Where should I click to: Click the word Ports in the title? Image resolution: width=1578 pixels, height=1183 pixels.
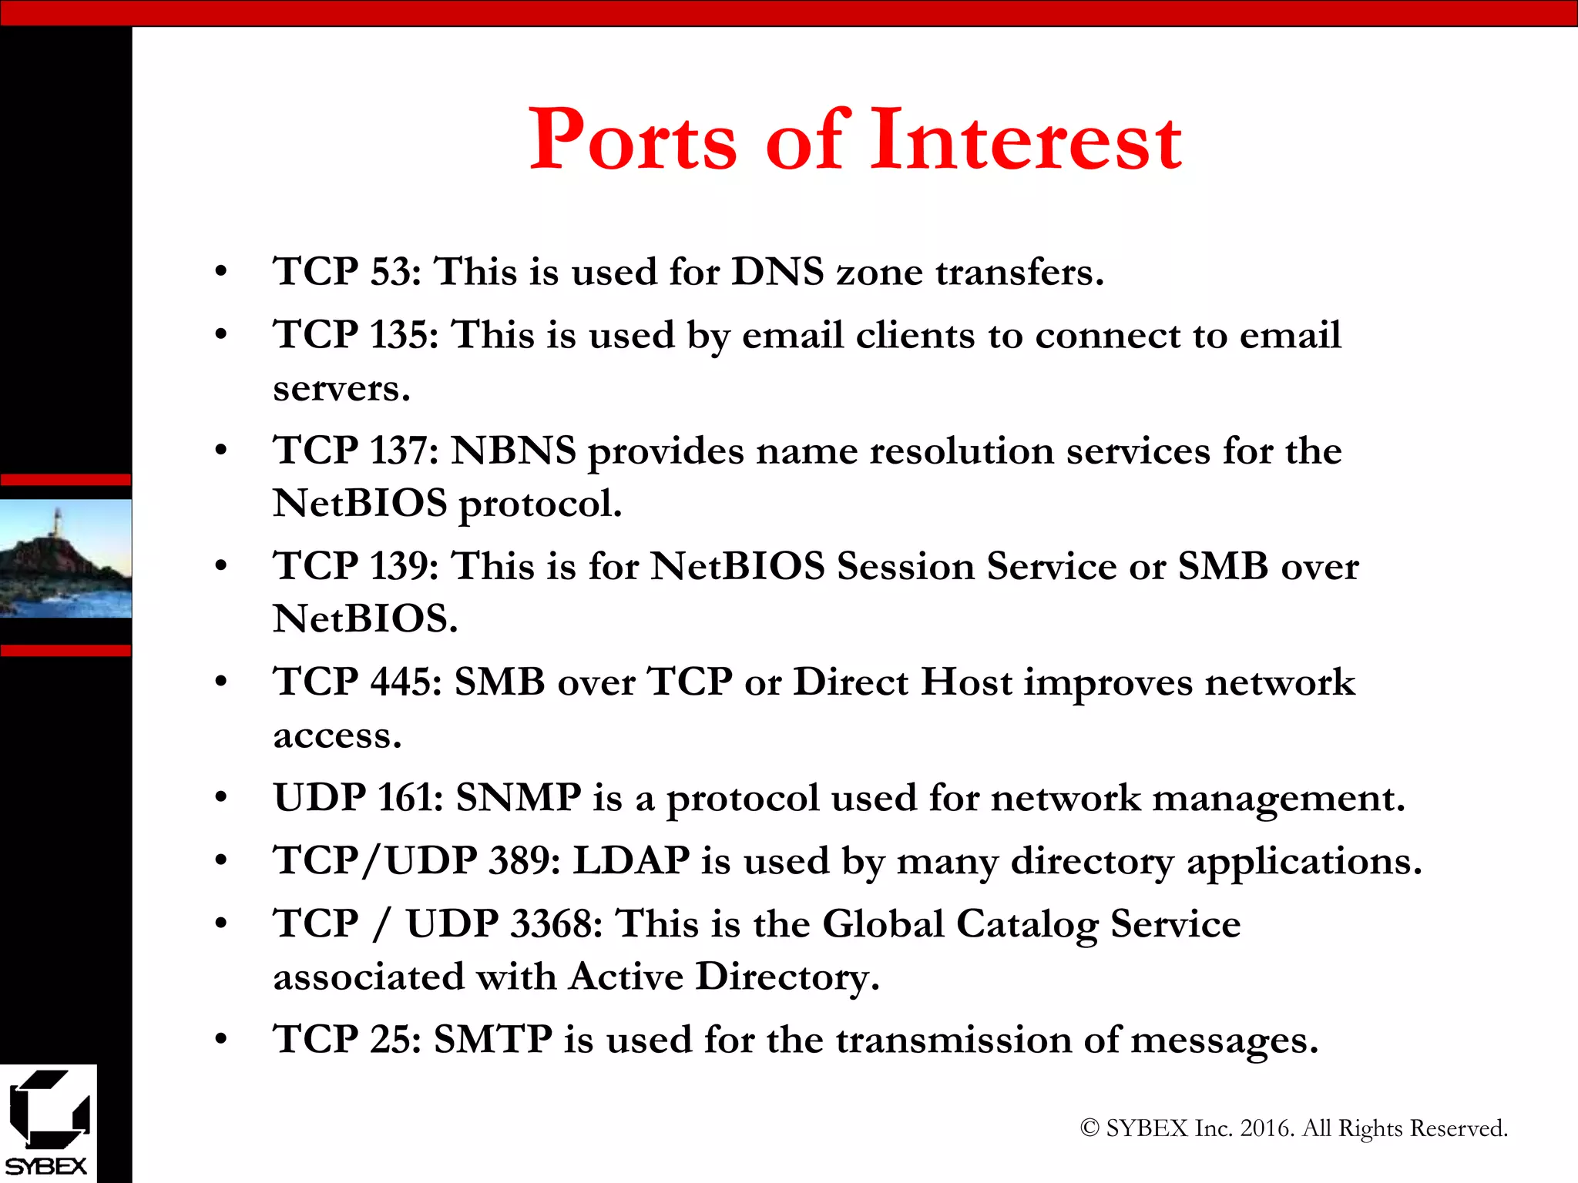click(633, 140)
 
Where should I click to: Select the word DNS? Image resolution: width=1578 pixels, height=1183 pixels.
click(777, 272)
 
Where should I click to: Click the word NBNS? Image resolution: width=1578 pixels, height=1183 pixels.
click(513, 451)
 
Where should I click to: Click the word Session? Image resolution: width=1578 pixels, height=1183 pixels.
click(905, 566)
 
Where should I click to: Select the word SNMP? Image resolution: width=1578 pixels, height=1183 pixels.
click(519, 798)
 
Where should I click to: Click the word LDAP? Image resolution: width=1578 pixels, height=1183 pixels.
click(631, 861)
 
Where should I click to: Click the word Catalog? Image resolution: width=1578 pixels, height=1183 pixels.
click(1027, 924)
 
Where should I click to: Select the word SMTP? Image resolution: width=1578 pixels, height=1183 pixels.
click(493, 1040)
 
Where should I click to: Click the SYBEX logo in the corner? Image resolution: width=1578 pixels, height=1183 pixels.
click(48, 1124)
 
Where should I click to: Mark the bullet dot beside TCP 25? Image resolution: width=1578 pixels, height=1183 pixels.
click(221, 1040)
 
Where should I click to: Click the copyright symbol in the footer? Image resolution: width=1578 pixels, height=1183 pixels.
click(1089, 1128)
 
